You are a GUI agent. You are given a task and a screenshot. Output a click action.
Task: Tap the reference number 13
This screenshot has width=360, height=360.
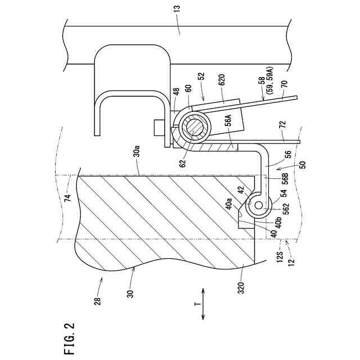[178, 10]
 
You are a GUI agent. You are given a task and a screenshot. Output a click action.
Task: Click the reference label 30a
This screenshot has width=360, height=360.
[136, 152]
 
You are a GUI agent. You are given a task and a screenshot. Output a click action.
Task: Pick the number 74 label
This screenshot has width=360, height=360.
[68, 197]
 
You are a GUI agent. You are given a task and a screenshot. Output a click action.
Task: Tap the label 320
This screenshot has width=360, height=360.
[241, 287]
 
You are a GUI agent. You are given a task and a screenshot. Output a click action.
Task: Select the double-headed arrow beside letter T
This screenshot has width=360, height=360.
[203, 304]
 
